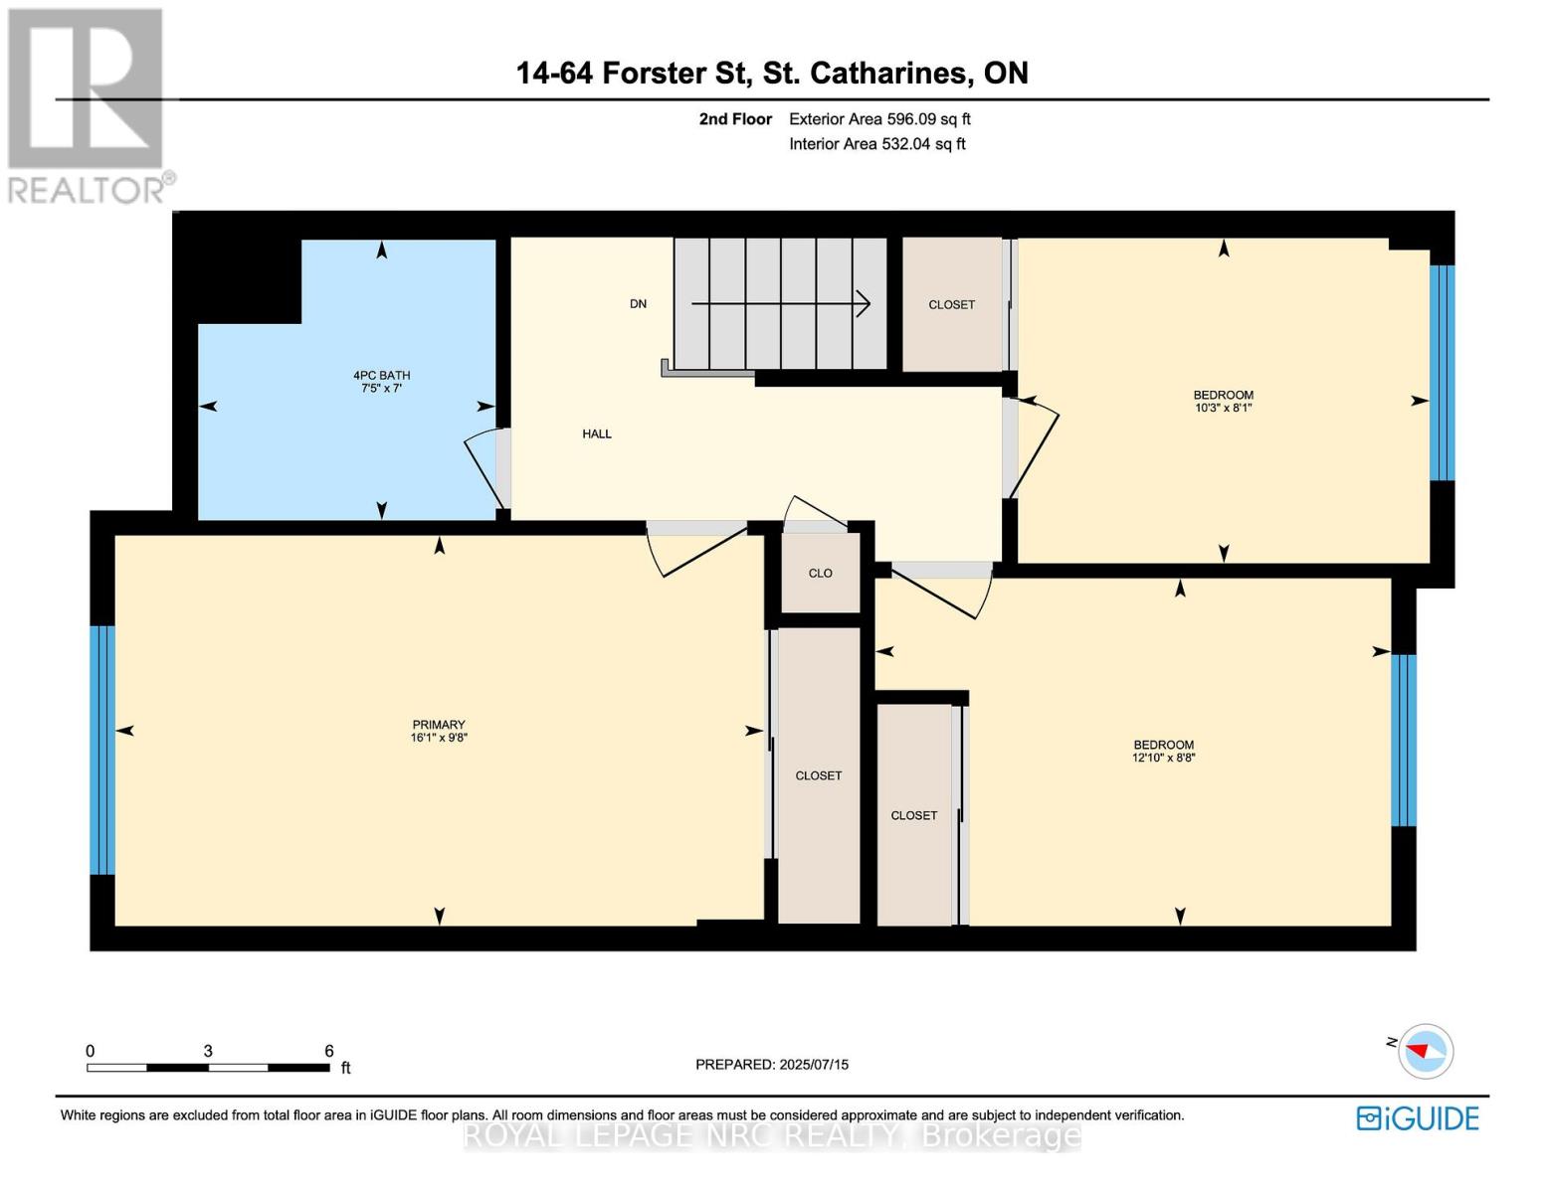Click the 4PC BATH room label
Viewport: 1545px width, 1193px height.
tap(382, 376)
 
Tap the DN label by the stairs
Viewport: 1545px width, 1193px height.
tap(638, 304)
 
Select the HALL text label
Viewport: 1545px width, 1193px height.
tap(597, 433)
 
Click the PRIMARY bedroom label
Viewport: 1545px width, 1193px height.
tap(439, 725)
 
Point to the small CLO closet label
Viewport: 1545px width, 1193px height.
tap(820, 574)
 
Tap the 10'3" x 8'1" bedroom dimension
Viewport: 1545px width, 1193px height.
tap(1223, 408)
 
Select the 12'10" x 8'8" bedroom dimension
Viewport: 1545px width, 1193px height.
tap(1163, 758)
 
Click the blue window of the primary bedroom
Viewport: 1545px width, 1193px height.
tap(102, 751)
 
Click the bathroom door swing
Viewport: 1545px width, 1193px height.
tap(484, 467)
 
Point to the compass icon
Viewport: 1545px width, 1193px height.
tap(1426, 1051)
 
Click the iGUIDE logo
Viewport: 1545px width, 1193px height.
tap(1418, 1118)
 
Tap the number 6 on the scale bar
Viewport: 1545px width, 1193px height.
tap(329, 1051)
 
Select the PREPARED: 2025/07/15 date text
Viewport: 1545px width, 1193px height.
tap(772, 1065)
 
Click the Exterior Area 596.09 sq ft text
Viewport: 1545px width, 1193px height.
tap(879, 119)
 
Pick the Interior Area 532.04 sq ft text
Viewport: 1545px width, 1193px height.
tap(876, 144)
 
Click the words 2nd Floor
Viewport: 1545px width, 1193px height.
tap(735, 119)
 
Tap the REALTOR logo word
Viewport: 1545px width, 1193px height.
tap(88, 190)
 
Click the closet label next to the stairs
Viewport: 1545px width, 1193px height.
tap(951, 305)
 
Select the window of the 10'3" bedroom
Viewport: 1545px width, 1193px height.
tap(1442, 373)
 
